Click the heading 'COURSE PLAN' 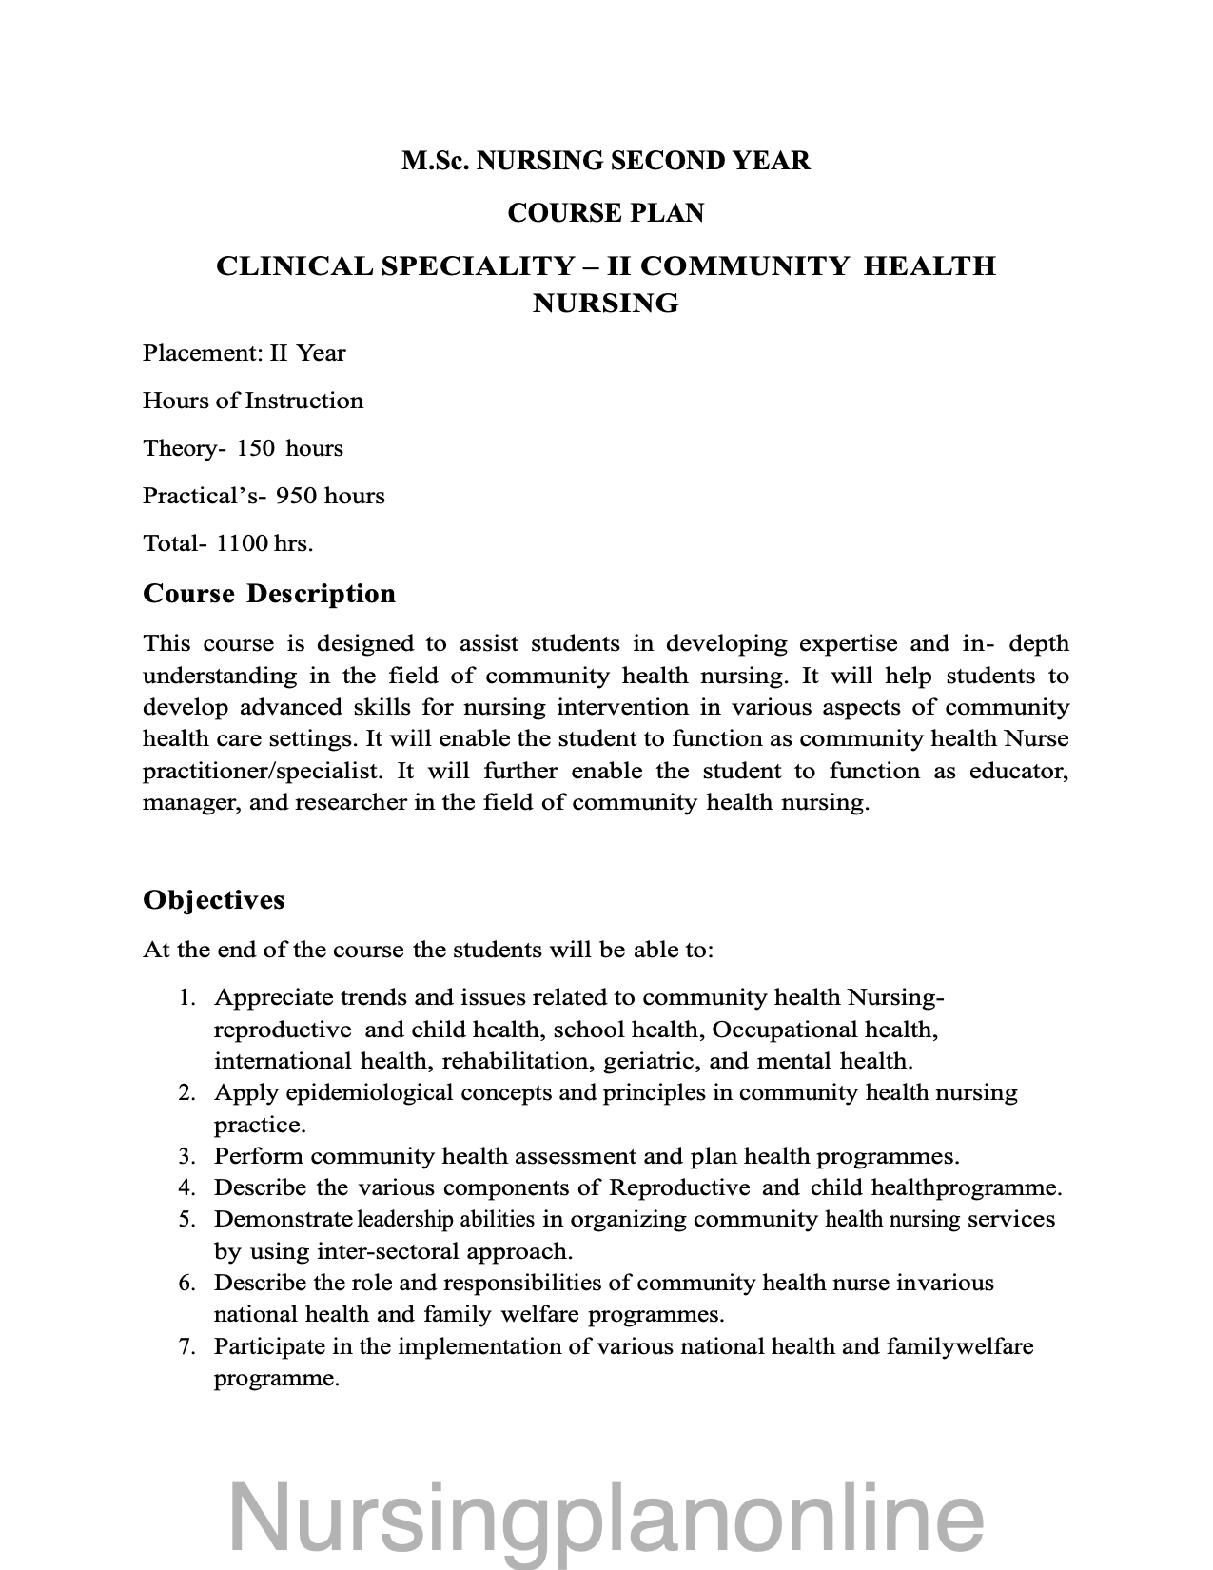[606, 213]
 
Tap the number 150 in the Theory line [255, 448]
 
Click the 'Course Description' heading [269, 594]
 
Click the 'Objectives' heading [213, 900]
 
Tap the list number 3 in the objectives [186, 1157]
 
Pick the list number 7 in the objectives [186, 1347]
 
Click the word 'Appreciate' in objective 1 [273, 998]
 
